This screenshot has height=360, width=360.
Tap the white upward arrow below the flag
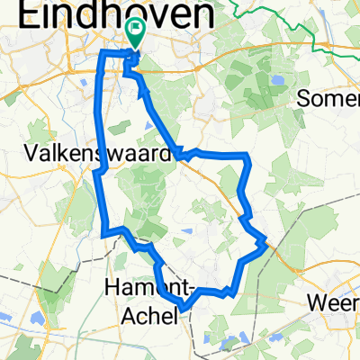click(132, 61)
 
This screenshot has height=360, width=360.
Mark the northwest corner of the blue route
click(101, 55)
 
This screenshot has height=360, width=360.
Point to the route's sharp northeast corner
click(246, 157)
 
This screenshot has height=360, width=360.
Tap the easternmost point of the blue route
click(265, 241)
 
